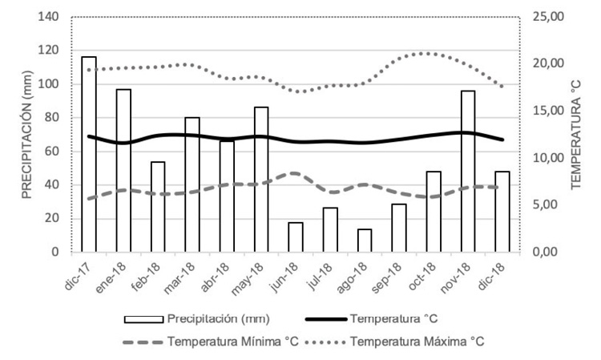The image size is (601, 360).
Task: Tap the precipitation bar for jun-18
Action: tap(296, 237)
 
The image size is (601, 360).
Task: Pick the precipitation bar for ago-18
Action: tap(365, 241)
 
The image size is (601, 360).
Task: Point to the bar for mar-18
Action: tap(192, 184)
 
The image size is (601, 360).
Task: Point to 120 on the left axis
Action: tap(50, 50)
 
